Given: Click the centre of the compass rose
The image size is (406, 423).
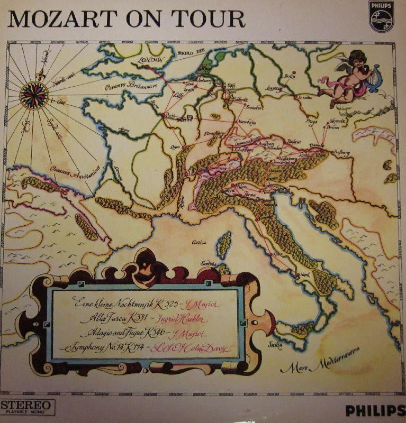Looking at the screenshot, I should coord(34,96).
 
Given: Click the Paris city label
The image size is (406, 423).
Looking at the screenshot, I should coord(170,114).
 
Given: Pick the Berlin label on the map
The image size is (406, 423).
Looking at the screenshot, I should coord(289,76).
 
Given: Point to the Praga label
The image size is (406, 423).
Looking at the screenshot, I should coord(311,121).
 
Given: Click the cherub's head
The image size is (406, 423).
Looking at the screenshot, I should coord(357,60).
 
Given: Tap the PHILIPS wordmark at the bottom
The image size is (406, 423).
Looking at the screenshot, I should coord(372,409).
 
